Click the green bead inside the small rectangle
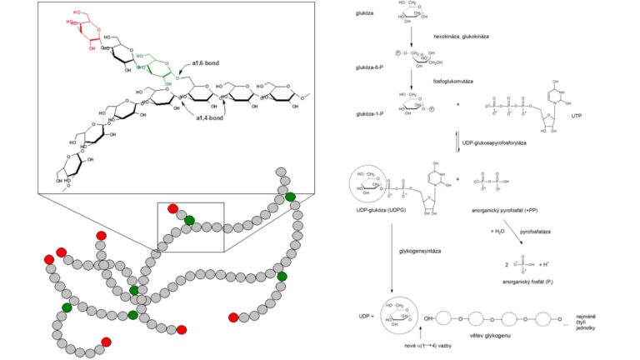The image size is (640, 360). (x=189, y=220)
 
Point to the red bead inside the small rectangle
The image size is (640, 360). (x=172, y=208)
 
